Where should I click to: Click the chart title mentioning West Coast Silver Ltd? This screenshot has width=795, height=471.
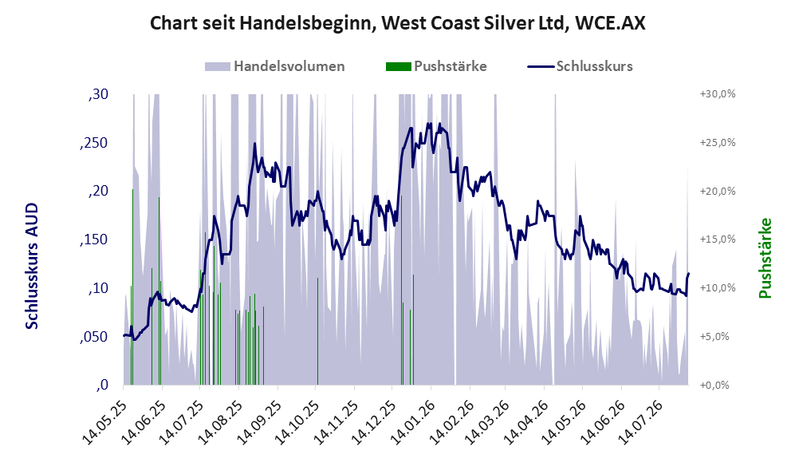[x=397, y=23]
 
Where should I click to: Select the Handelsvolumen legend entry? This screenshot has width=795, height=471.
[x=275, y=66]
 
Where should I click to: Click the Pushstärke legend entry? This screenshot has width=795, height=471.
[x=436, y=66]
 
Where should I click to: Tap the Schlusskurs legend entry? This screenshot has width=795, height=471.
[x=580, y=66]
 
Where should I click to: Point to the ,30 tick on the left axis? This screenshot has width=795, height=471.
[x=98, y=94]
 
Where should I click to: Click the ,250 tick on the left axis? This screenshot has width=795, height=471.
[x=94, y=143]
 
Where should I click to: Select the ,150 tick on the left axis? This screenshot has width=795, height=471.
[x=94, y=240]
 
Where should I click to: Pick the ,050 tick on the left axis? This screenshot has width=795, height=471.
[x=94, y=337]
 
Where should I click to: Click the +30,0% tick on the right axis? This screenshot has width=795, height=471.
[x=718, y=94]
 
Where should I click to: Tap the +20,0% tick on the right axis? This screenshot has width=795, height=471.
[x=718, y=192]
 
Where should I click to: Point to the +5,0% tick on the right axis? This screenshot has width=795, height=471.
[x=714, y=337]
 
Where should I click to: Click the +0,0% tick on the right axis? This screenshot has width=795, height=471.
[x=714, y=386]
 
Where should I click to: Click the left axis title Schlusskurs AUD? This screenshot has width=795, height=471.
[x=32, y=266]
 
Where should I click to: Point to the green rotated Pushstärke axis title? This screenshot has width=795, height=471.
[x=765, y=259]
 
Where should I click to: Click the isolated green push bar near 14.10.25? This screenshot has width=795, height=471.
[x=317, y=331]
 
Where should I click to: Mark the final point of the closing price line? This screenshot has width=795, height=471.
[x=688, y=274]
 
